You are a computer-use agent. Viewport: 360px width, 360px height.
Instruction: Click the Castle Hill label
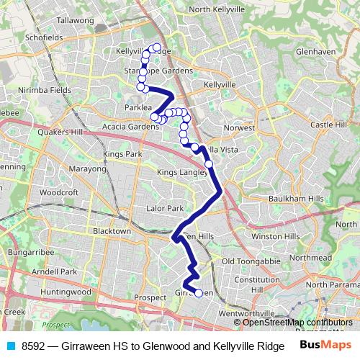328,125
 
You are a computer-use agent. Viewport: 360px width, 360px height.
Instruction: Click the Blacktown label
112,231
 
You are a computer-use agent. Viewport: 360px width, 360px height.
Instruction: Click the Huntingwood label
66,292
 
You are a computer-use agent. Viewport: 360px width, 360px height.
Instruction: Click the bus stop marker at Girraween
199,293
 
